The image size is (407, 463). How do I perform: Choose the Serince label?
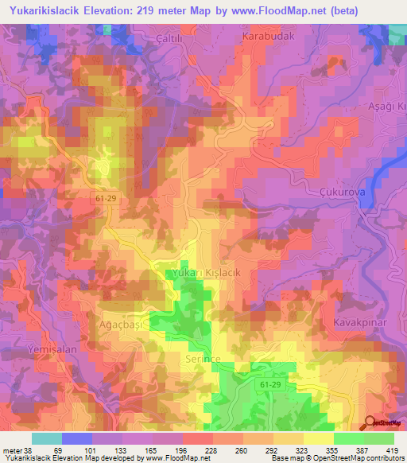195,360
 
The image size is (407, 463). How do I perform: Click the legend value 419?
392,449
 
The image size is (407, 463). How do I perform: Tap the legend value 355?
331,449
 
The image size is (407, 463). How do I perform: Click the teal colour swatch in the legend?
46,438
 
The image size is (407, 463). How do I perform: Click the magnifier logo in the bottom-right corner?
370,423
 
